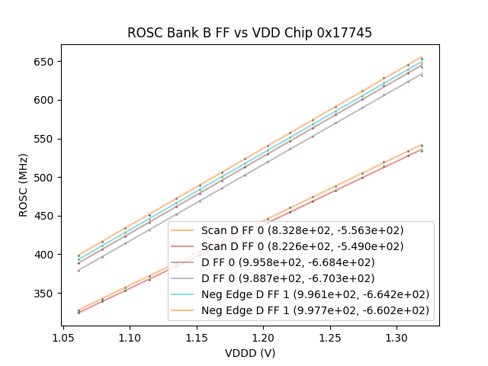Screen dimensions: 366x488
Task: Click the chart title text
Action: click(x=250, y=33)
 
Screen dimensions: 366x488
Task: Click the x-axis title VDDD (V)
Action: click(x=250, y=353)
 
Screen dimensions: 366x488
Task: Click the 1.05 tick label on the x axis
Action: click(x=63, y=336)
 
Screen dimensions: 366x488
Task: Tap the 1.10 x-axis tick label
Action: click(x=130, y=336)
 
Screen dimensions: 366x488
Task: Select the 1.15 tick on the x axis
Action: click(x=197, y=336)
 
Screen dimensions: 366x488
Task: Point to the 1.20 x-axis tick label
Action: click(x=264, y=336)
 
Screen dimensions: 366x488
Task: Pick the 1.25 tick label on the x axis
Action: click(x=330, y=336)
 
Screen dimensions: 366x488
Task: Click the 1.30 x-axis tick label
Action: click(x=397, y=336)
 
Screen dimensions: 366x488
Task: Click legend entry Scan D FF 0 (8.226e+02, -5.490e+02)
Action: click(x=302, y=246)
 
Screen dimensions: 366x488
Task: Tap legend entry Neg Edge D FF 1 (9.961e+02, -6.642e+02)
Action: click(x=315, y=294)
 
